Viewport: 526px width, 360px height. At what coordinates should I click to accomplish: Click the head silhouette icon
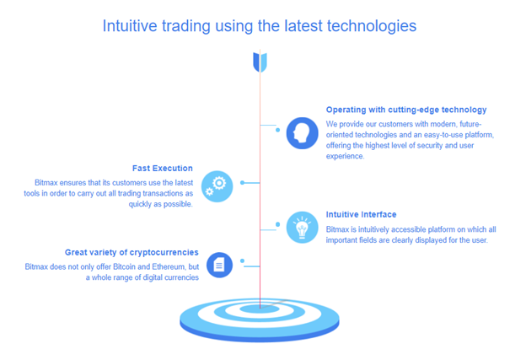[x=302, y=133]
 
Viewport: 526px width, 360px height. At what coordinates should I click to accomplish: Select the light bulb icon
[x=302, y=227]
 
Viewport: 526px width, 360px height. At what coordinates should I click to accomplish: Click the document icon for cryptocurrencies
[x=219, y=265]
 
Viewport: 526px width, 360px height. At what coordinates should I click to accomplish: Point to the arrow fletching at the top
[x=260, y=62]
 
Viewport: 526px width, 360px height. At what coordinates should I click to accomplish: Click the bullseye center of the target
[x=260, y=309]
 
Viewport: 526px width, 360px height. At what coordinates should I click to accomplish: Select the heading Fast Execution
[x=163, y=168]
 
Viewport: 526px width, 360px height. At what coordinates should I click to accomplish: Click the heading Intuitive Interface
[x=361, y=214]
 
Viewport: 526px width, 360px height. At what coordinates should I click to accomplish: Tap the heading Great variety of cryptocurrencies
[x=131, y=252]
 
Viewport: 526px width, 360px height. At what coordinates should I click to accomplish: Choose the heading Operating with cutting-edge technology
[x=406, y=110]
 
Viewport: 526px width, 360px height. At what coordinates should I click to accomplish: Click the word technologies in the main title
[x=372, y=26]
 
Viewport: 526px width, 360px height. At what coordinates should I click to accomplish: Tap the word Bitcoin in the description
[x=125, y=266]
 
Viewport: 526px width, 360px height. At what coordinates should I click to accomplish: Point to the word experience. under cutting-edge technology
[x=345, y=156]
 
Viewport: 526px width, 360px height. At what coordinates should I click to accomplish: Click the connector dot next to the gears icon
[x=242, y=182]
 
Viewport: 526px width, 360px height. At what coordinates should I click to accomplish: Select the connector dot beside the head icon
[x=278, y=130]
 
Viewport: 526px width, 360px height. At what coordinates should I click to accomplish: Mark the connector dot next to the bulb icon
[x=278, y=224]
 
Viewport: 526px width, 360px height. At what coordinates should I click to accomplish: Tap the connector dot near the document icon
[x=242, y=261]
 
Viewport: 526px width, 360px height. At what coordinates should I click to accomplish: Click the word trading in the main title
[x=185, y=26]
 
